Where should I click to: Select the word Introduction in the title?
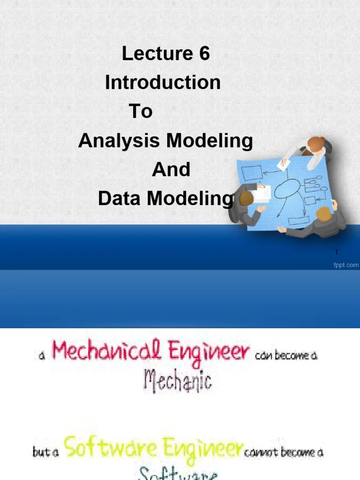163,83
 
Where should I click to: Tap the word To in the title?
141,112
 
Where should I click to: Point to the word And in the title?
171,170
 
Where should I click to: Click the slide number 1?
337,253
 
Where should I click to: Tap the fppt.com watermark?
346,265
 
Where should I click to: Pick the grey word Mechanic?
178,381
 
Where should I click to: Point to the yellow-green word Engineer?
201,449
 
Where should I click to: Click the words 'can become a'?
286,355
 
